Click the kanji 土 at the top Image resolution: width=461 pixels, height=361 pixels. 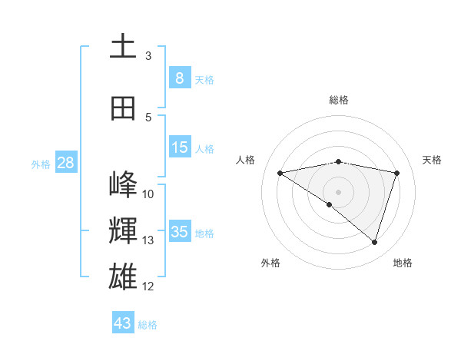[x=123, y=47]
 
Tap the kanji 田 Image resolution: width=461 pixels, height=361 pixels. [x=123, y=108]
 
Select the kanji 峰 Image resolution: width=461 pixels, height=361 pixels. [x=123, y=184]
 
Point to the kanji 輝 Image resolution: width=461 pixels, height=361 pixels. [x=123, y=230]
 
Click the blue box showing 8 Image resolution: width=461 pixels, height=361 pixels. [x=180, y=78]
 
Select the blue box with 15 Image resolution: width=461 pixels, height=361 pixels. [x=180, y=147]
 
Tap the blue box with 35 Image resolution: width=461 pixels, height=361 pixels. [x=180, y=232]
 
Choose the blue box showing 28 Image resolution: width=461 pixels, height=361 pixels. [x=65, y=163]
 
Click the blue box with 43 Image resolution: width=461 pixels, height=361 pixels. [x=123, y=323]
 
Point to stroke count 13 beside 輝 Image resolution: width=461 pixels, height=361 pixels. [x=148, y=240]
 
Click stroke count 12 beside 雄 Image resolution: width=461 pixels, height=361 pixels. [x=148, y=286]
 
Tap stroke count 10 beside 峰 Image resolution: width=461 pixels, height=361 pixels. [x=148, y=194]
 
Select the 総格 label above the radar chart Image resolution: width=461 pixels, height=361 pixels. [x=338, y=101]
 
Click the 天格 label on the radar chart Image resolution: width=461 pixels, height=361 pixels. [x=432, y=160]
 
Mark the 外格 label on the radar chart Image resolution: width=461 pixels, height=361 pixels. [x=270, y=263]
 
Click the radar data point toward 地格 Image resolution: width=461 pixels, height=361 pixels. [x=374, y=242]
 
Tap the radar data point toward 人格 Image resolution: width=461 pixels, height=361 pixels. [x=280, y=173]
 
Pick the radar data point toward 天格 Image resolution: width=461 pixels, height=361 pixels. [x=396, y=173]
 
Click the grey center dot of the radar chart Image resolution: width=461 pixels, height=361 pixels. [x=338, y=191]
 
